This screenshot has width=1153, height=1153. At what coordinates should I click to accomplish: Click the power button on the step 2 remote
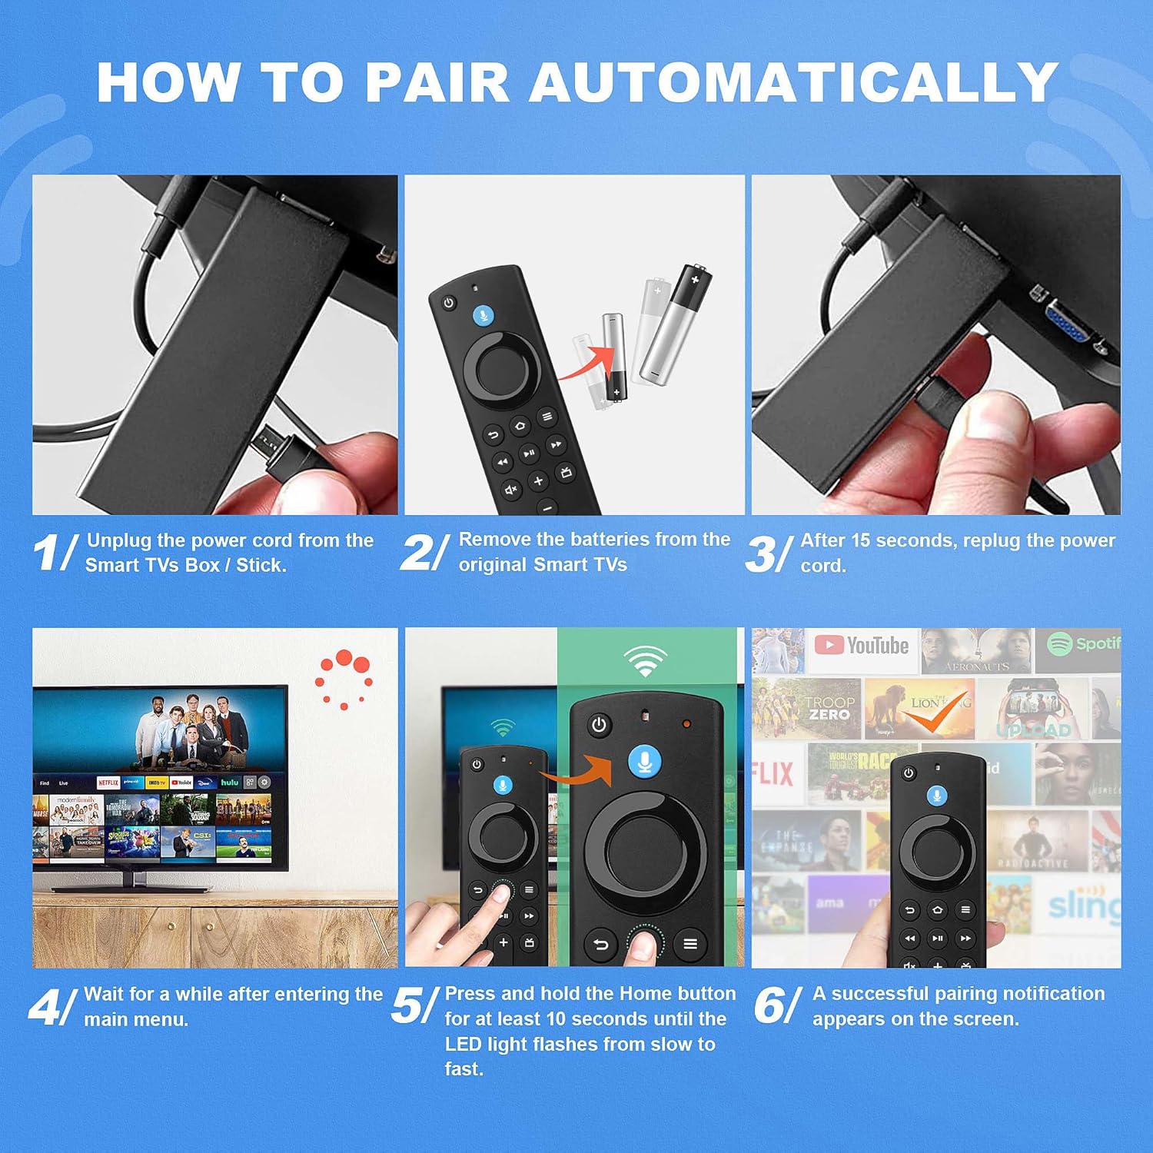coord(449,303)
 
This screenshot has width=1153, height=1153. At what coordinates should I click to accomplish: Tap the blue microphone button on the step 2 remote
coord(483,315)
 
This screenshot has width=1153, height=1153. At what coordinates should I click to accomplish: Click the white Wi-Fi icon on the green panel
coord(645,660)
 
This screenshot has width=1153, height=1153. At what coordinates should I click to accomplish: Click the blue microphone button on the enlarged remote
coord(645,762)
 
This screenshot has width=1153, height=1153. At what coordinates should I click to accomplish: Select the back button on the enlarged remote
coord(601,944)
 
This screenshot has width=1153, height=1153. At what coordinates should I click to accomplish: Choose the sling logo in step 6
coord(1082,905)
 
